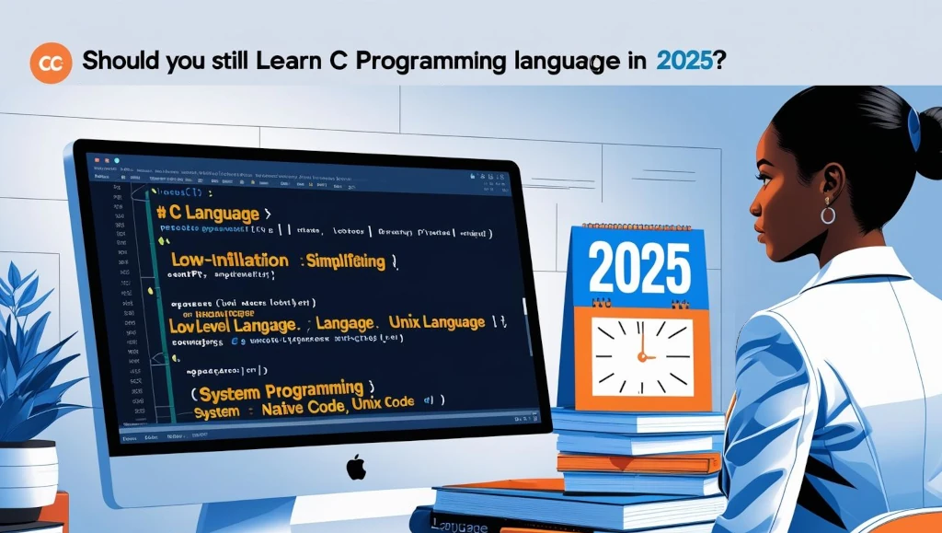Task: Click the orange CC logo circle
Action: (x=51, y=62)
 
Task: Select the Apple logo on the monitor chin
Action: (x=355, y=467)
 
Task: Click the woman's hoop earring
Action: (x=828, y=214)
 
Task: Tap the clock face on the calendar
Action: (x=641, y=356)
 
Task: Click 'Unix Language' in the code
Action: (x=436, y=322)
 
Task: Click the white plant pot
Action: (x=28, y=474)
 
